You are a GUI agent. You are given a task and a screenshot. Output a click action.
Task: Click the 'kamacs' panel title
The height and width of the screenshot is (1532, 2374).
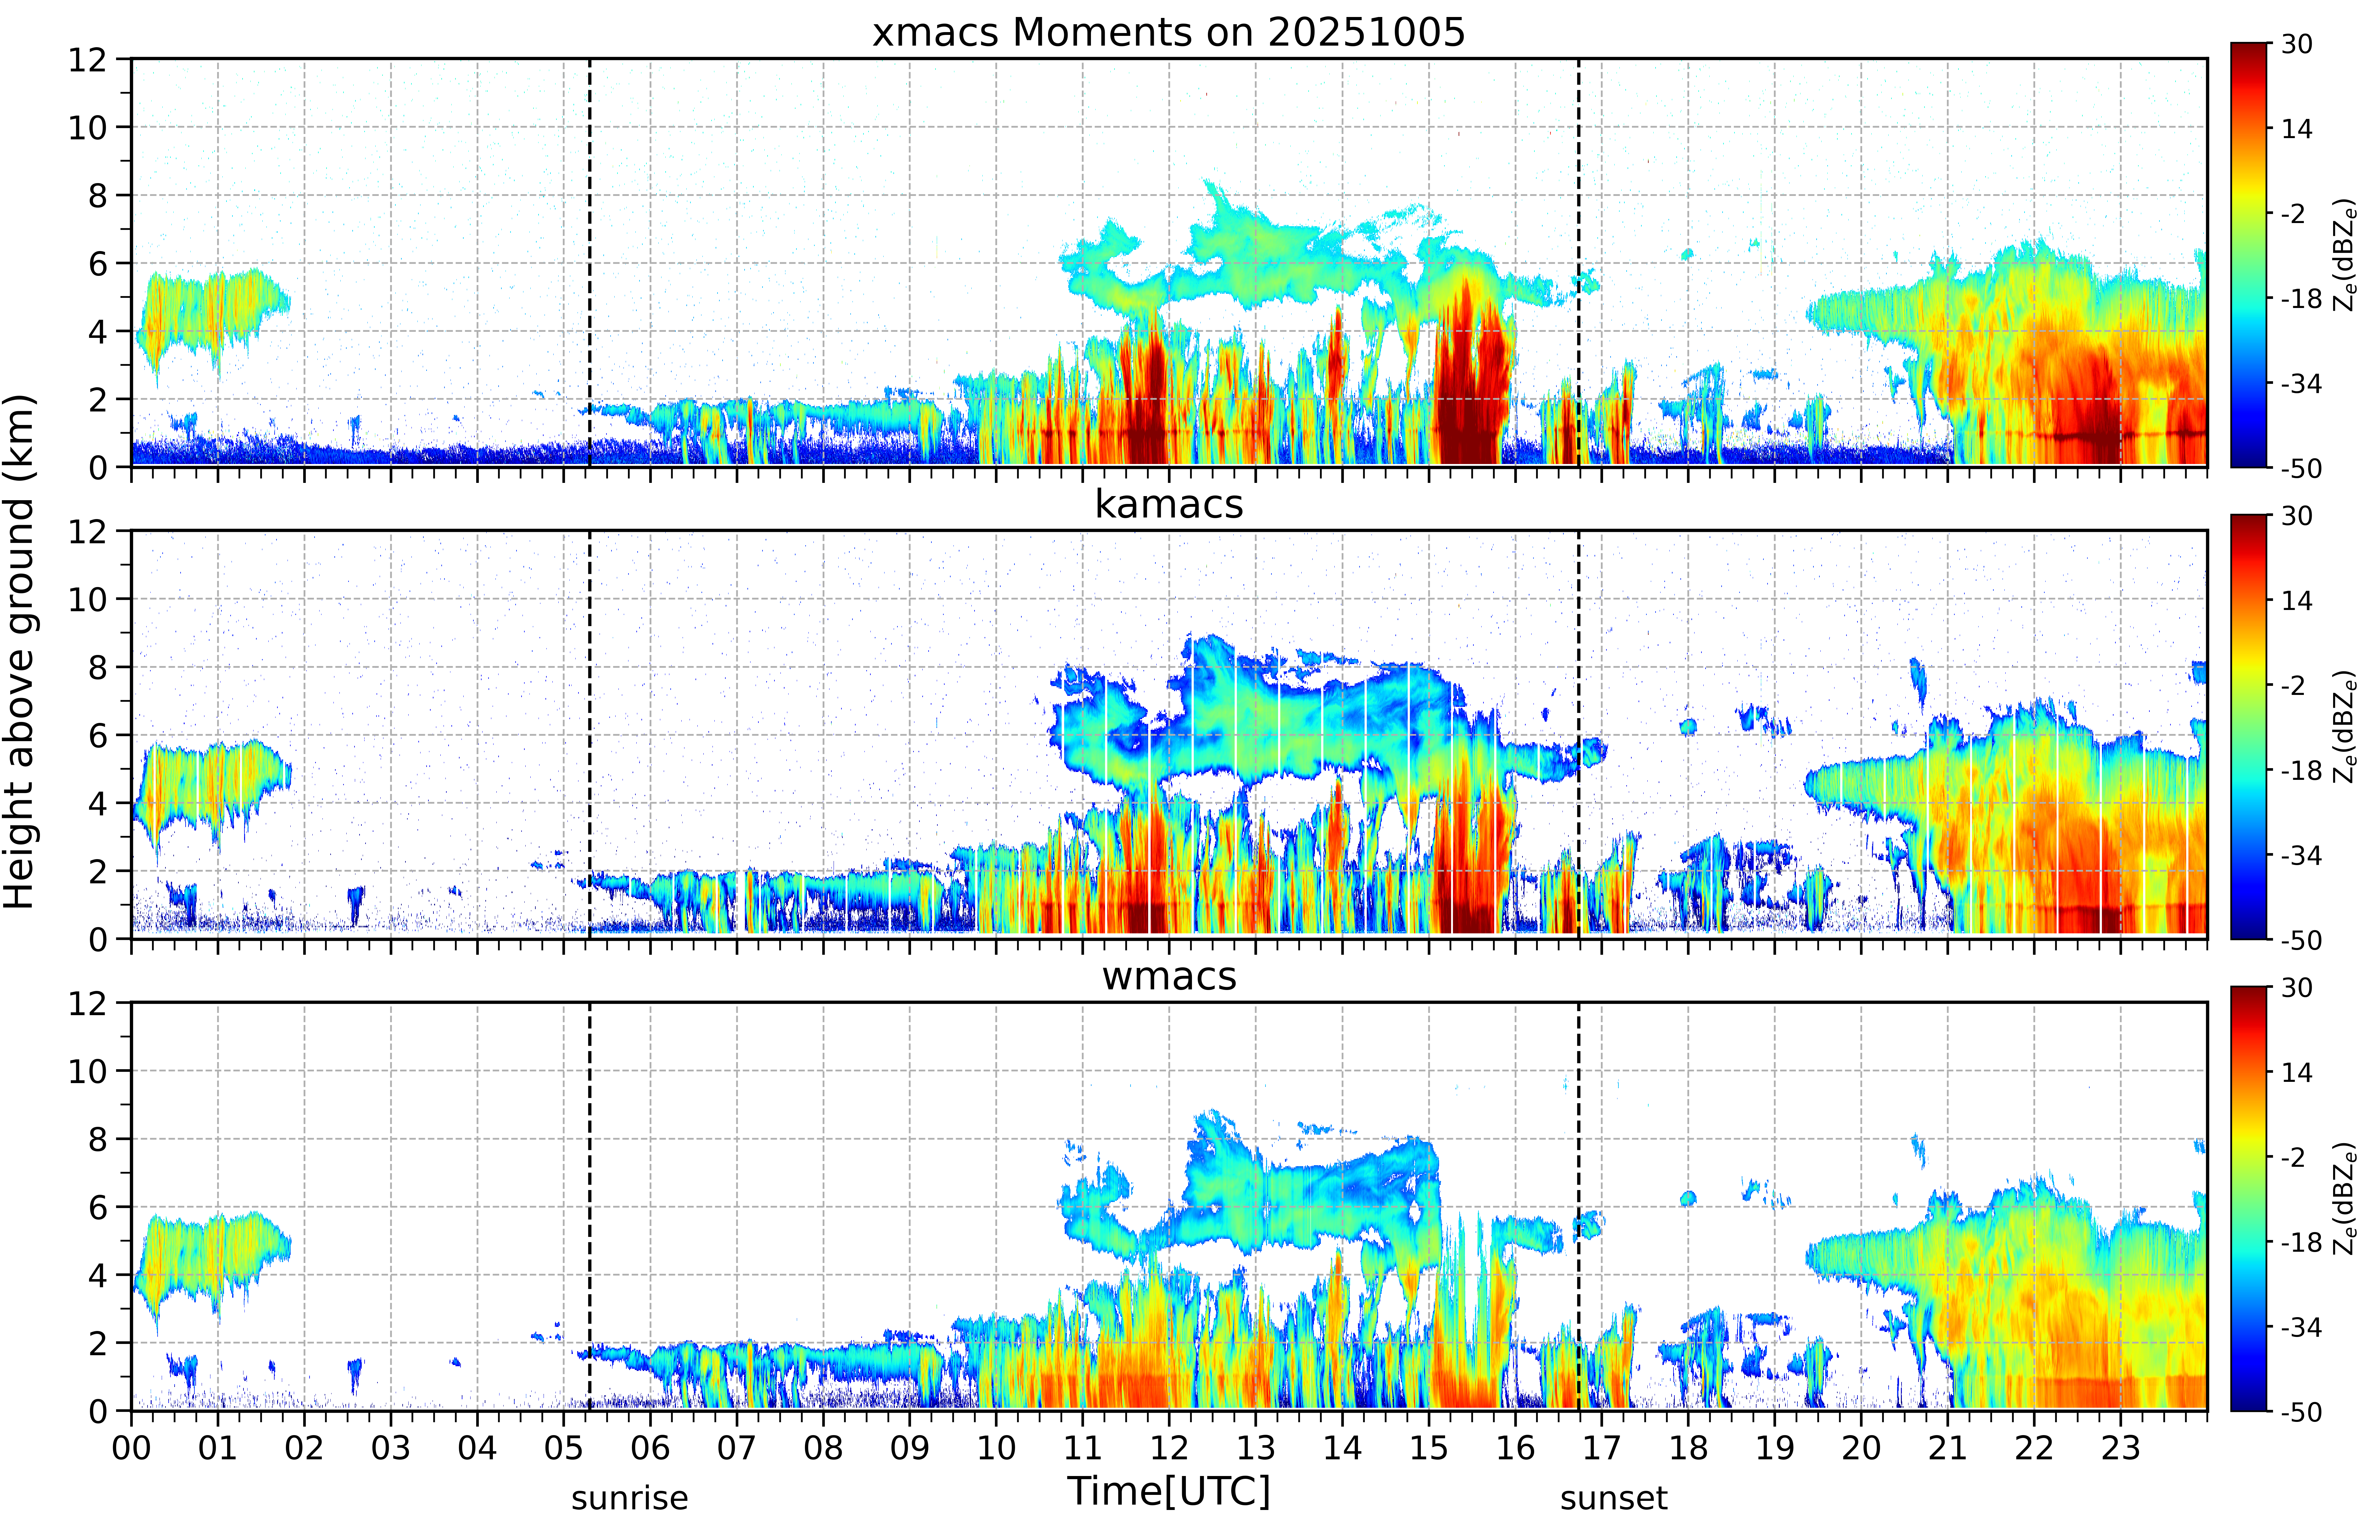tap(1169, 504)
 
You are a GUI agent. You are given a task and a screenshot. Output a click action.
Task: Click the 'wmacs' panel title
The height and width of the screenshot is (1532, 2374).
tap(1169, 976)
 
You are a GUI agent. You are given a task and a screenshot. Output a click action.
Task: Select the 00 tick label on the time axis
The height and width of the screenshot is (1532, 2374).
tap(131, 1447)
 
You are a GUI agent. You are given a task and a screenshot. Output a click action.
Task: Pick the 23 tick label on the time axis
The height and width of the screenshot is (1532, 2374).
tap(2120, 1447)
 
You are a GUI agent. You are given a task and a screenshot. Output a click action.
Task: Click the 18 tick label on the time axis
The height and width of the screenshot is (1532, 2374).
tap(1688, 1447)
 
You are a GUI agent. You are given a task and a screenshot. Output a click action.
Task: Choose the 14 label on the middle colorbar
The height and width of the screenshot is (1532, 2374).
tap(2296, 601)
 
